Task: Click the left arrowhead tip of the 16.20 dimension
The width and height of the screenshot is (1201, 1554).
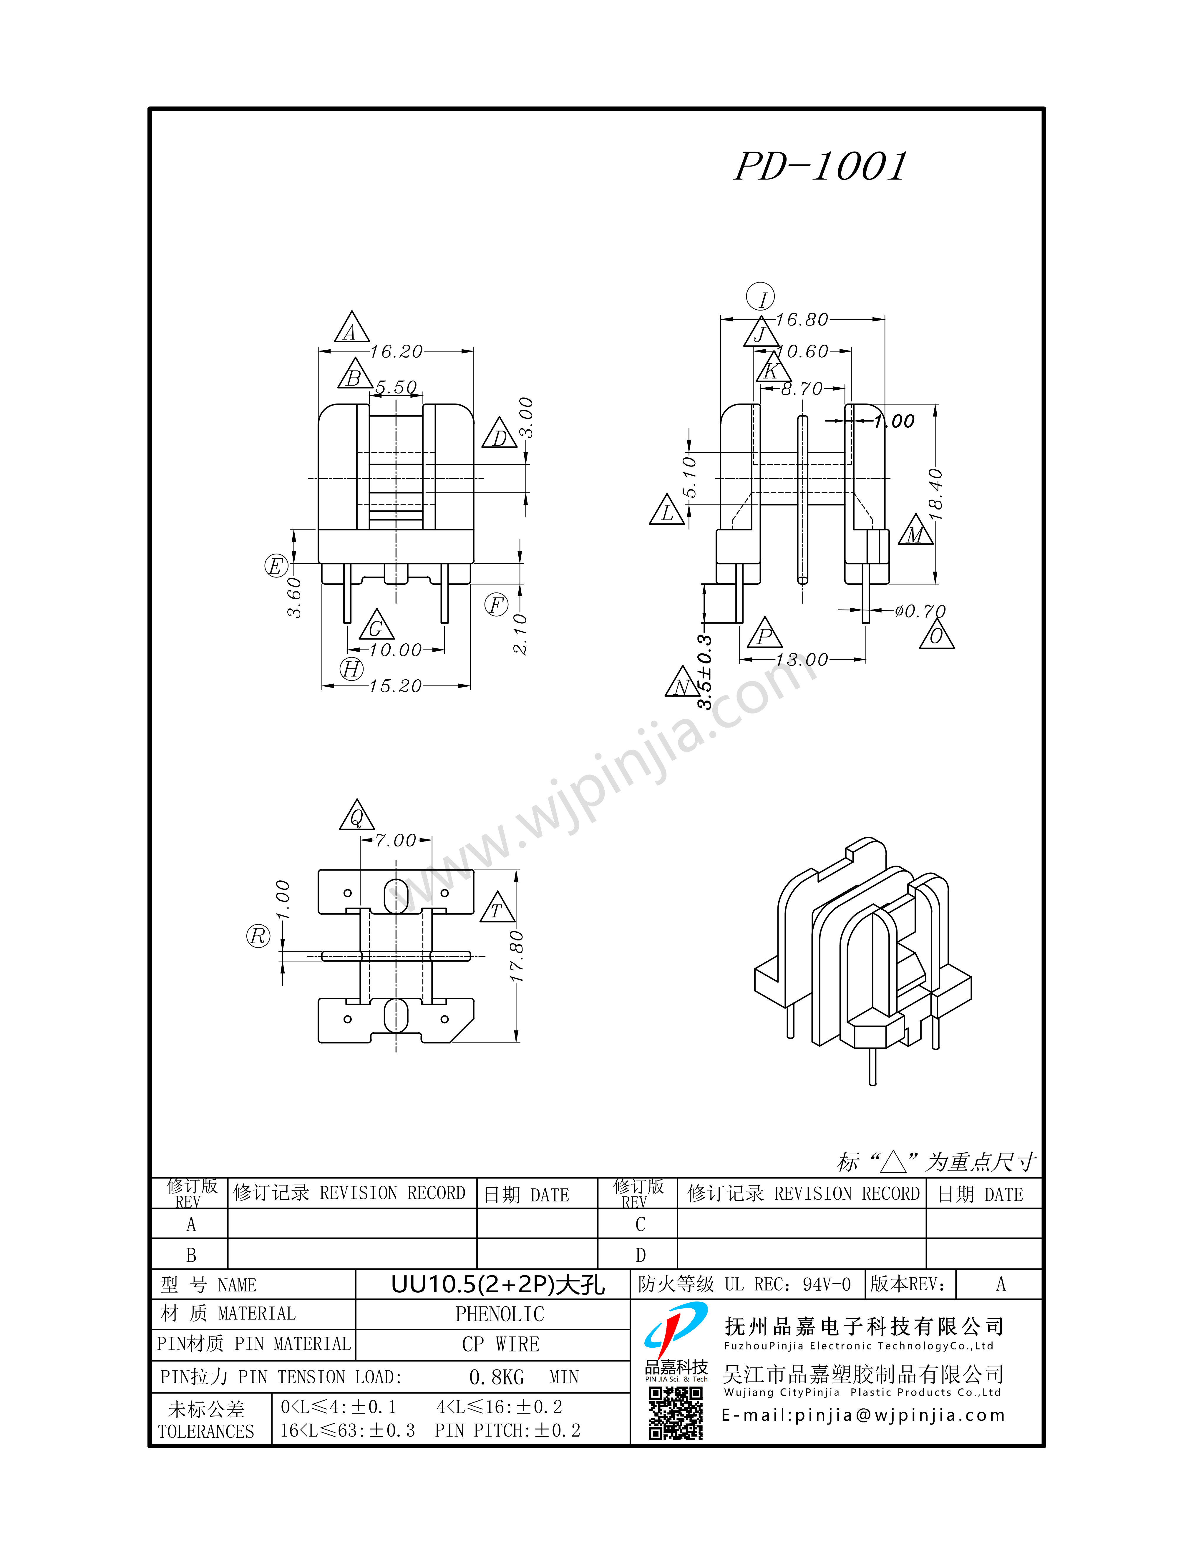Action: pyautogui.click(x=319, y=351)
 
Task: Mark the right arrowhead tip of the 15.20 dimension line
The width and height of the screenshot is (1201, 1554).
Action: pyautogui.click(x=470, y=686)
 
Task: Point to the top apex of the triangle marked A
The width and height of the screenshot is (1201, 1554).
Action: pyautogui.click(x=351, y=311)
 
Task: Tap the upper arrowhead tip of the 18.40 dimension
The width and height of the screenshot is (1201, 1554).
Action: pyautogui.click(x=935, y=405)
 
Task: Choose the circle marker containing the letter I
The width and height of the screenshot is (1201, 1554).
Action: pyautogui.click(x=761, y=298)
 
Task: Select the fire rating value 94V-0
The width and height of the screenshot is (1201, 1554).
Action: pyautogui.click(x=827, y=1284)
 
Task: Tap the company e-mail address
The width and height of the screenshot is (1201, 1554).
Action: pyautogui.click(x=863, y=1415)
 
